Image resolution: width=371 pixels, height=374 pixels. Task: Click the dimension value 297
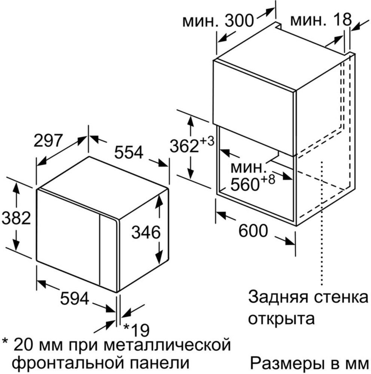coord(48,141)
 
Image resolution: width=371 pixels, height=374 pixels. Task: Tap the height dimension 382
coord(16,218)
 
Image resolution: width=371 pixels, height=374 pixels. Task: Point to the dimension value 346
coord(146,232)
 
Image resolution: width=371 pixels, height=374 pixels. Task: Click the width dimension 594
coord(75,298)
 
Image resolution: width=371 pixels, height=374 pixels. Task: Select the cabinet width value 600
coord(253,231)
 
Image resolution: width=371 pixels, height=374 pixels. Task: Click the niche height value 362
coord(184,146)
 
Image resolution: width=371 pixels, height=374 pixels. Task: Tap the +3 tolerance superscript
coord(207,141)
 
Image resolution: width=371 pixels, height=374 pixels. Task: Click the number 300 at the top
coord(239,20)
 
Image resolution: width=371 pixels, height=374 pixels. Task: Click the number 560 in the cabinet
coord(245,184)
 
